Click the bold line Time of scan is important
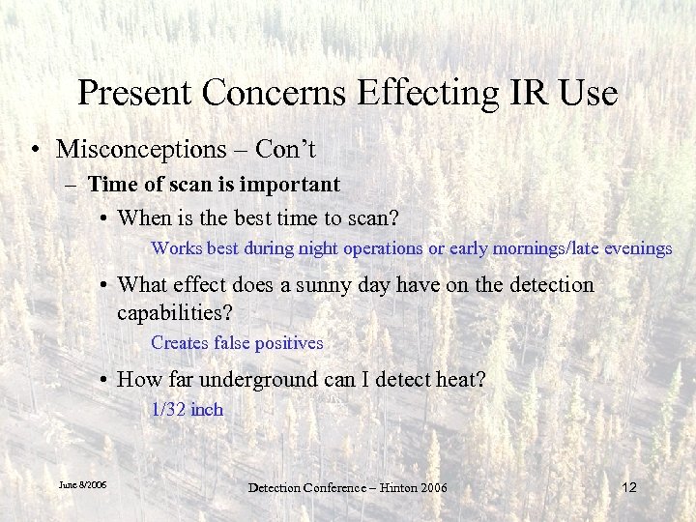(214, 184)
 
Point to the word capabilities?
(175, 312)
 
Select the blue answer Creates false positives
(237, 343)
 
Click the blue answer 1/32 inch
(187, 410)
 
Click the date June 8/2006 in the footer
(82, 484)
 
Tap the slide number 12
(628, 487)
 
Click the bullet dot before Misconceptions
(35, 151)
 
